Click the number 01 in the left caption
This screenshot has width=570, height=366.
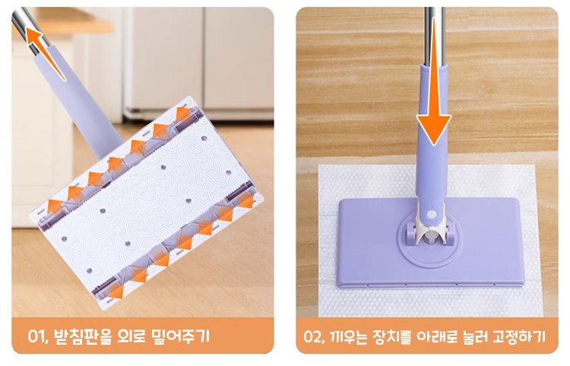(x=35, y=336)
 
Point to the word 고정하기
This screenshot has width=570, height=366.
(x=532, y=336)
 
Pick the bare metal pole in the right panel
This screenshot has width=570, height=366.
(x=434, y=30)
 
